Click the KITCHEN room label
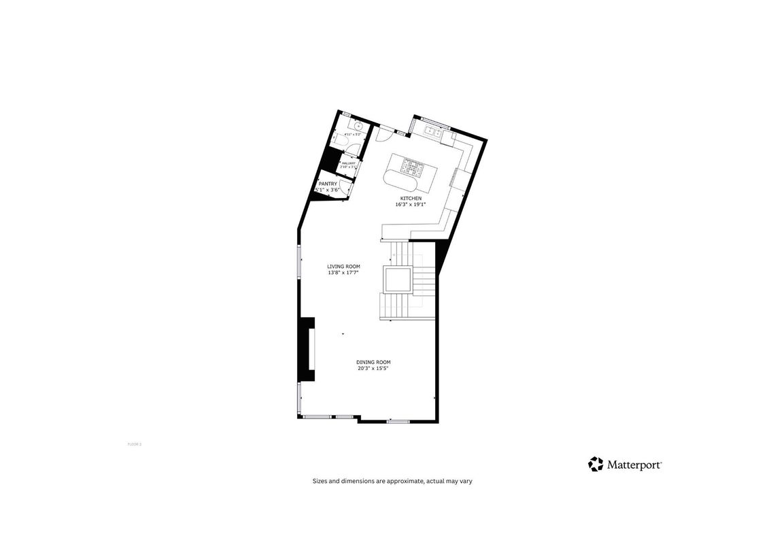pos(410,198)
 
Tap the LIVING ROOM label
pos(343,266)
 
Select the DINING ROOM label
pos(373,362)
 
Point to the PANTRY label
pos(328,184)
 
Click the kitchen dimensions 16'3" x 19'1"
pos(410,204)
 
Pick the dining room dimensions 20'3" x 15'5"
pos(373,368)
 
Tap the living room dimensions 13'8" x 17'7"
pos(343,272)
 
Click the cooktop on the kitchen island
pos(412,165)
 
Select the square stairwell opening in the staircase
pos(397,280)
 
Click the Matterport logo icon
pos(596,464)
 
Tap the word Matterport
pos(634,465)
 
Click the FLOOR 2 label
pos(134,444)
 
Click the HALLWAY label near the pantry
pos(349,163)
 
